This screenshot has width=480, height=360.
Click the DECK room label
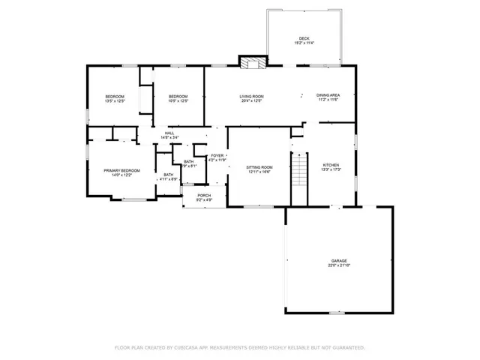click(x=304, y=38)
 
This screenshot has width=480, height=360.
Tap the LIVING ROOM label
click(x=250, y=96)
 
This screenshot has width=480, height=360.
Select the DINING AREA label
click(x=328, y=95)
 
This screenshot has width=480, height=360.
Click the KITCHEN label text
click(x=331, y=165)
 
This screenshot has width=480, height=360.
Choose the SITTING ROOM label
click(x=260, y=167)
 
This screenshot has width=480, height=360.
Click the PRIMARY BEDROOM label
click(x=121, y=171)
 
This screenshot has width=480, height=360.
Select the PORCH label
click(x=204, y=196)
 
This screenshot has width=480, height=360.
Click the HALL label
click(x=169, y=133)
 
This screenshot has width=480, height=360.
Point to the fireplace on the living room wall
click(x=252, y=63)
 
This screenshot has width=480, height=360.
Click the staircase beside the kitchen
click(x=300, y=170)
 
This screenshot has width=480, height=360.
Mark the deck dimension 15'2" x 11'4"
click(x=304, y=43)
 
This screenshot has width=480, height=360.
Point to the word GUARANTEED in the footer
click(x=346, y=348)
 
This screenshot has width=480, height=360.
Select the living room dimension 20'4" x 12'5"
click(x=250, y=100)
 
